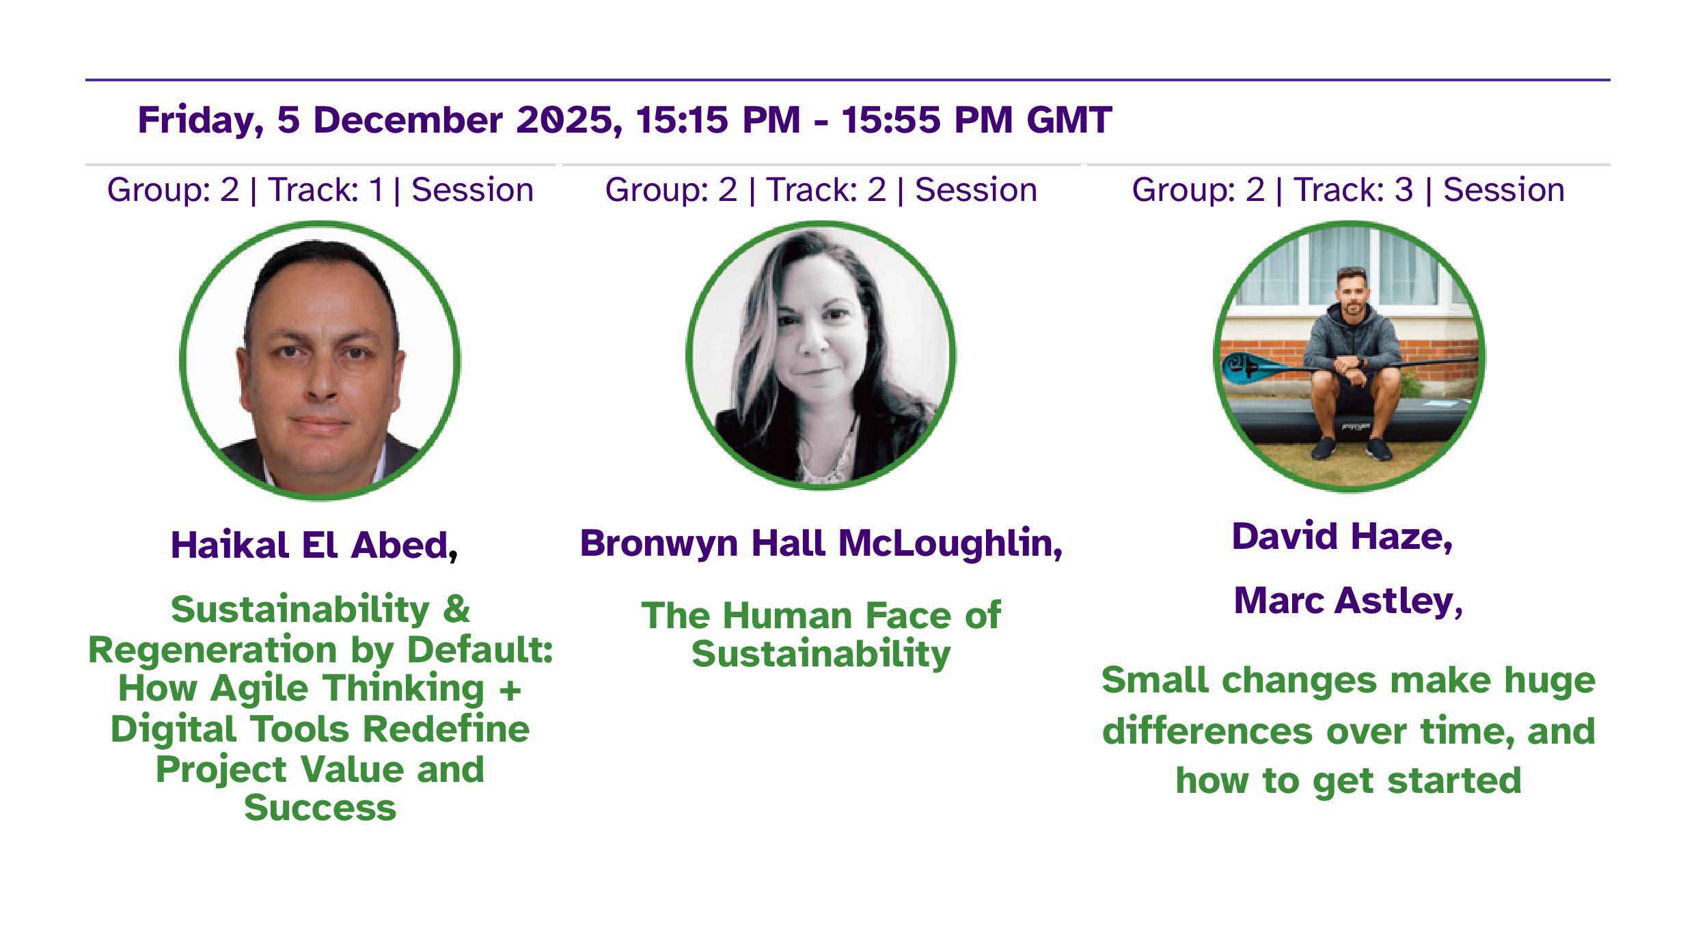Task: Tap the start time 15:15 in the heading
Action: point(683,120)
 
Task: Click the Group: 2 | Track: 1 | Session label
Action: point(320,189)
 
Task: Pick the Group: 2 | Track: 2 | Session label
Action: point(821,189)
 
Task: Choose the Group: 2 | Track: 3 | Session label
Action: point(1348,189)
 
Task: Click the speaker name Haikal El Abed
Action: point(309,545)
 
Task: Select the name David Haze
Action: point(1336,537)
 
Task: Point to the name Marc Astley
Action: point(1342,601)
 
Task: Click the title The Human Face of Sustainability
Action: point(821,634)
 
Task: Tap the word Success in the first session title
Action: point(320,808)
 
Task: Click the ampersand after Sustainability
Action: point(456,609)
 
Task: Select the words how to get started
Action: point(1348,781)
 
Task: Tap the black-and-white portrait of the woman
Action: point(821,355)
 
